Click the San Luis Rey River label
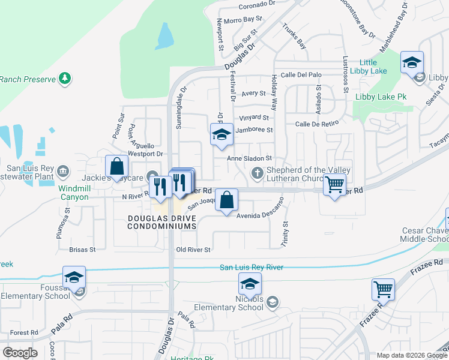point(252,268)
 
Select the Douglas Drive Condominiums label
point(162,221)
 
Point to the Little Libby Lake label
point(376,67)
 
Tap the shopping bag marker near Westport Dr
point(116,169)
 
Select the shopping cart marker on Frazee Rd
point(382,291)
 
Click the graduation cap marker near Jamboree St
point(221,136)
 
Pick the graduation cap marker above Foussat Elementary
point(74,278)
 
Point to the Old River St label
point(193,250)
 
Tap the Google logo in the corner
point(20,353)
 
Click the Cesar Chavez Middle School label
point(420,235)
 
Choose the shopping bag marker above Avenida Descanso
point(226,201)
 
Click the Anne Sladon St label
point(250,158)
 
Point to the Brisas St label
point(82,249)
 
